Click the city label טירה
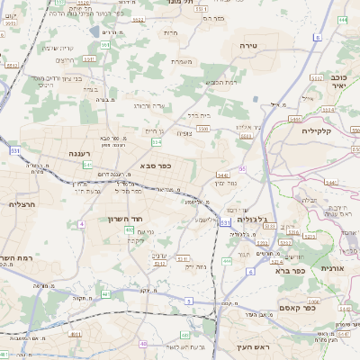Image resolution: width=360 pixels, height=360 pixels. click(249, 44)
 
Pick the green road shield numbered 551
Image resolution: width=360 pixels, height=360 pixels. click(105, 44)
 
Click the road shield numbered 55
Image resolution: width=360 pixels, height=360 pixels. click(242, 168)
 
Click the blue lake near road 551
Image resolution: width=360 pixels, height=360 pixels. click(94, 31)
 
